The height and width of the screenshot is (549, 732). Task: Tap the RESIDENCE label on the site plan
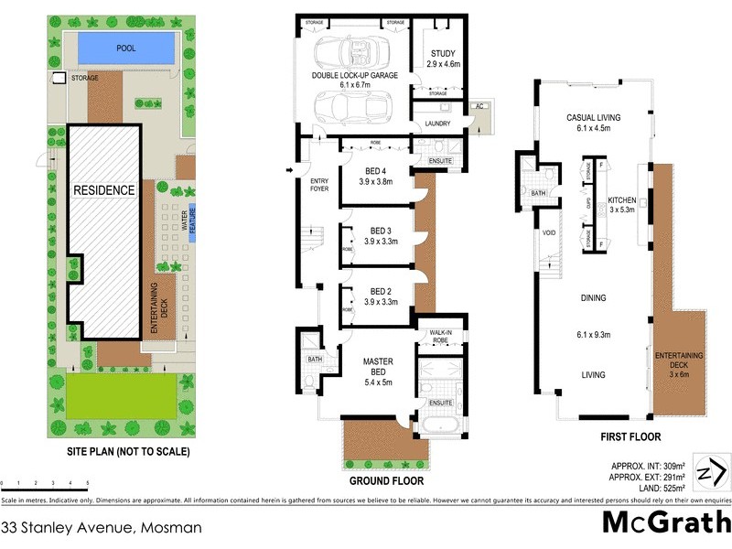pos(104,190)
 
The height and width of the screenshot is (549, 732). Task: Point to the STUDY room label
pos(442,54)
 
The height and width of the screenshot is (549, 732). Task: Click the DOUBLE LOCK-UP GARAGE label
pos(354,76)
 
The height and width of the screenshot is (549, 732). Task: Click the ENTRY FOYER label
pos(318,186)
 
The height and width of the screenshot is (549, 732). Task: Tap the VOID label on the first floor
pos(548,232)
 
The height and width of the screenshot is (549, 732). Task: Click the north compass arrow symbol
pos(712,474)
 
